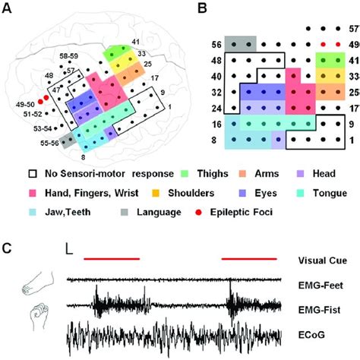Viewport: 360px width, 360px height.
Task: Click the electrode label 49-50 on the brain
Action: tap(27, 102)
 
